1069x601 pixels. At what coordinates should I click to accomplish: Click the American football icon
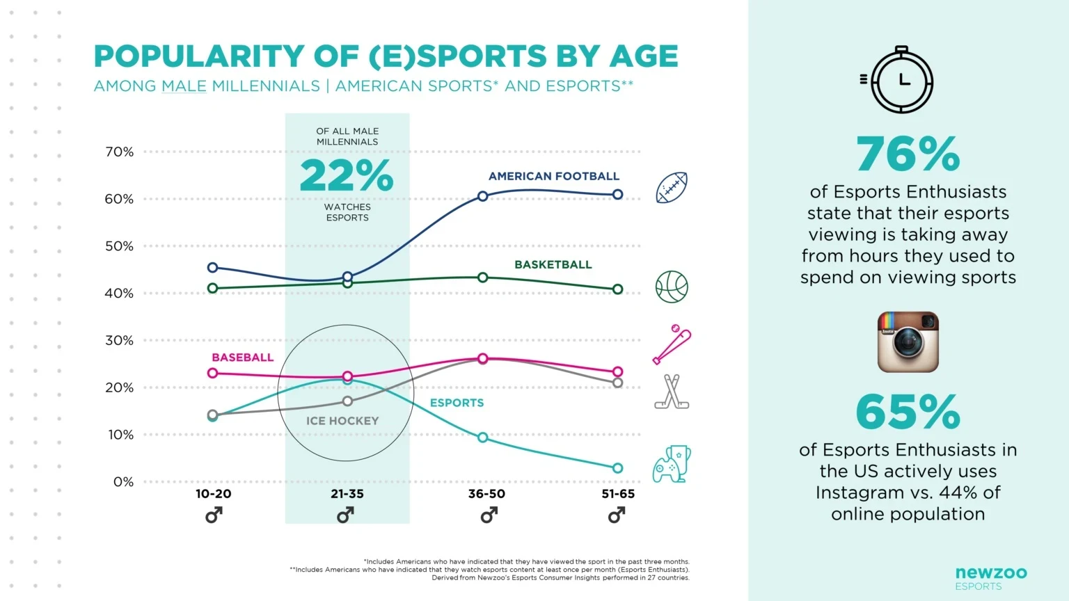click(x=672, y=188)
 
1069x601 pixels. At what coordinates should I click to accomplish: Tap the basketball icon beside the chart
click(x=672, y=287)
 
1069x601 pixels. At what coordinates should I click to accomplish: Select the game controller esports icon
click(x=672, y=465)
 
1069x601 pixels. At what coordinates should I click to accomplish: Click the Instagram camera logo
click(x=908, y=342)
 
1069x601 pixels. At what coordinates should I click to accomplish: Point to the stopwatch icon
click(x=902, y=80)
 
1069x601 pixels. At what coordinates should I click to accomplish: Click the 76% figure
click(x=908, y=154)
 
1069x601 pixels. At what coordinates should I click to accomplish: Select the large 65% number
click(x=908, y=412)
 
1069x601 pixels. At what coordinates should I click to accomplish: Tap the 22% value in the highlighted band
click(x=347, y=176)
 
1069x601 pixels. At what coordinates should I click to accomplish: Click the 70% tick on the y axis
click(x=119, y=152)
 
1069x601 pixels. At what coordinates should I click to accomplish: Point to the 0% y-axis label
click(x=123, y=482)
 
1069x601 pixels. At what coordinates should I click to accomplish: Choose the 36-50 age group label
click(x=486, y=494)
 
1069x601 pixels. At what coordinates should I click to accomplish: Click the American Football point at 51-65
click(x=617, y=195)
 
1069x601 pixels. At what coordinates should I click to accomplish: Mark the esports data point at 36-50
click(x=483, y=438)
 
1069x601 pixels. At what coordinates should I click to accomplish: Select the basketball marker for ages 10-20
click(x=213, y=288)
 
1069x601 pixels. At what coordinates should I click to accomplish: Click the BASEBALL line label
click(x=242, y=358)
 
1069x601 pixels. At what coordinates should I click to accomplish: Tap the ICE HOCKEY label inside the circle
click(x=342, y=421)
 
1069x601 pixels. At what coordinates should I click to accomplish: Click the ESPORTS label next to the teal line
click(x=457, y=403)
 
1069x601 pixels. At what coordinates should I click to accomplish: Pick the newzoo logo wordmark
click(x=991, y=572)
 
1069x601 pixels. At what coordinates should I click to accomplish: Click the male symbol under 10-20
click(x=214, y=515)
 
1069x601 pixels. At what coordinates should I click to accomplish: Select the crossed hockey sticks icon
click(x=672, y=392)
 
